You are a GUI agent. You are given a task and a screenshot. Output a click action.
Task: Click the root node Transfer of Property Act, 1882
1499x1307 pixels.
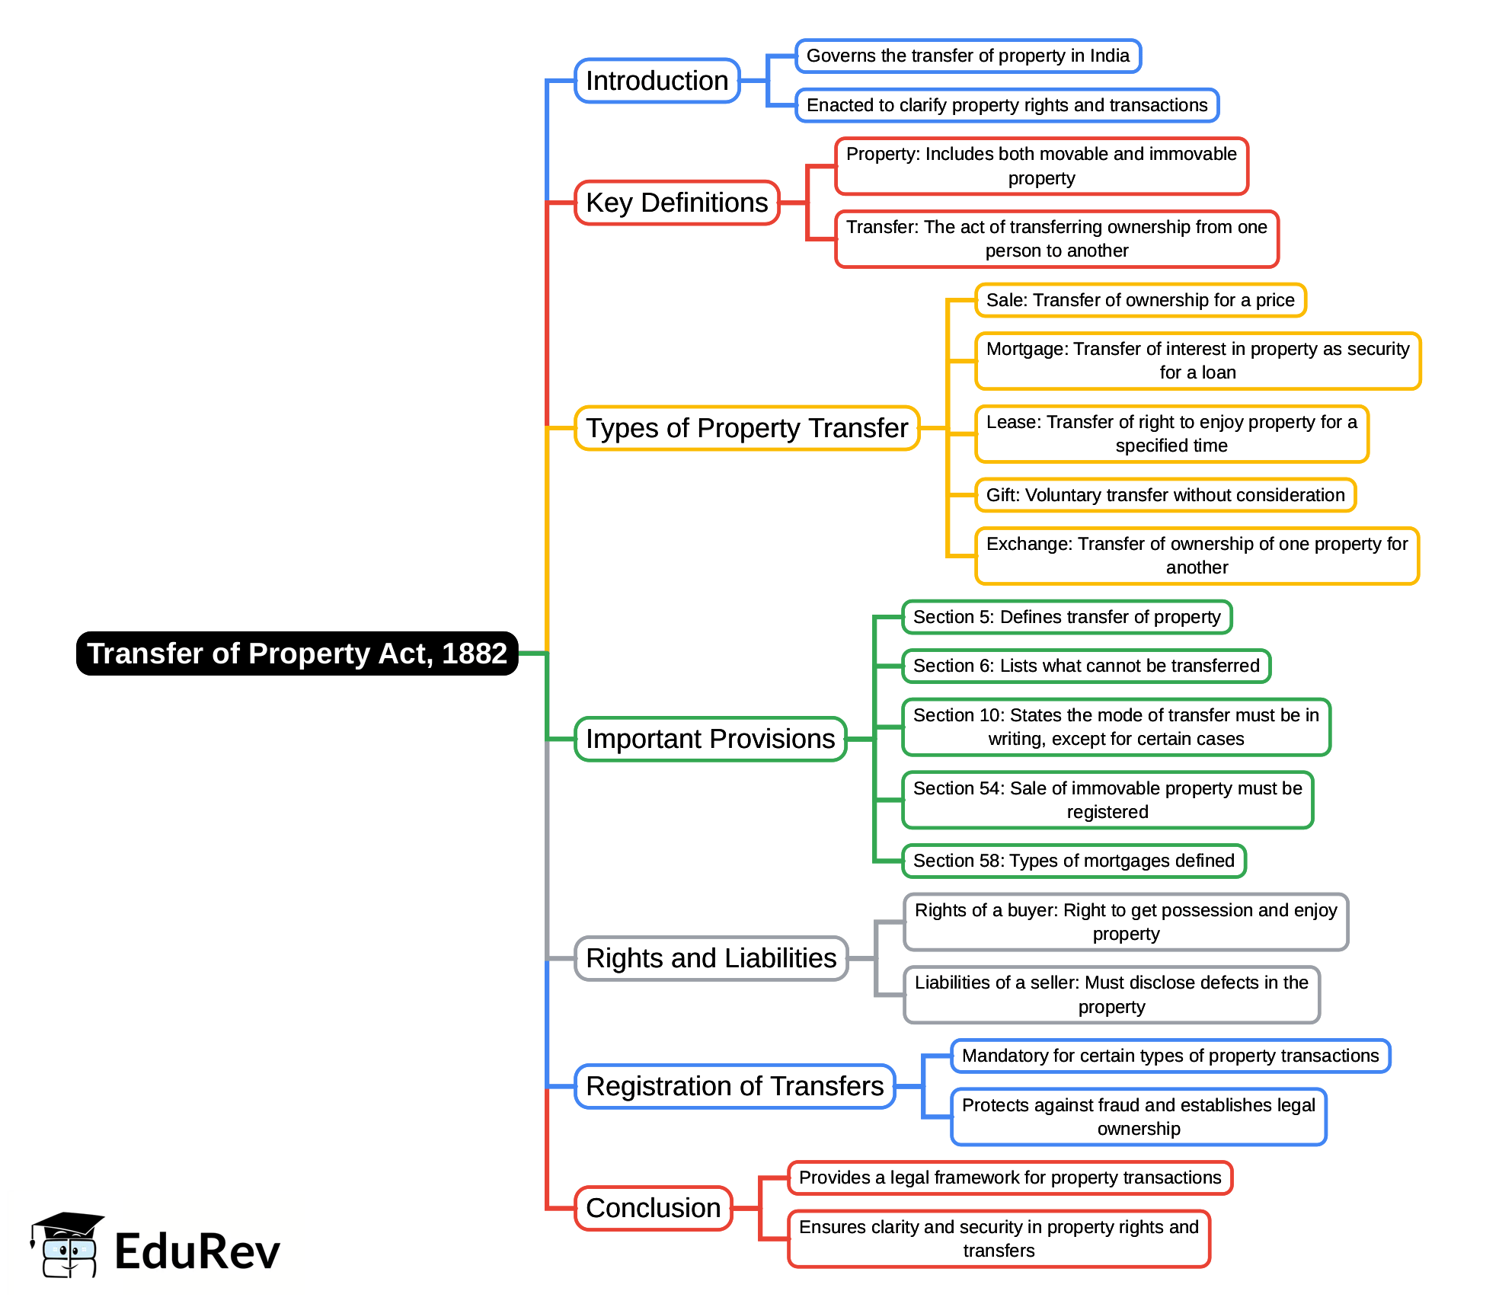pyautogui.click(x=297, y=653)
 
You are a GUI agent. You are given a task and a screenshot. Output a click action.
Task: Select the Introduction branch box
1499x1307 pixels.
pyautogui.click(x=657, y=81)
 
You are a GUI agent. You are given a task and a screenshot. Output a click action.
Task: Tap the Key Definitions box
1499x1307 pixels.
pyautogui.click(x=676, y=203)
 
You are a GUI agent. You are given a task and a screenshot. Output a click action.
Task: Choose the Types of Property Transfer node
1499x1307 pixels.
pyautogui.click(x=746, y=428)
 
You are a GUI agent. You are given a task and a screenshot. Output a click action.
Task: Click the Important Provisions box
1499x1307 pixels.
pyautogui.click(x=710, y=739)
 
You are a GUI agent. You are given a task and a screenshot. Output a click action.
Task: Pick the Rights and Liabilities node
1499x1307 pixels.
pyautogui.click(x=711, y=958)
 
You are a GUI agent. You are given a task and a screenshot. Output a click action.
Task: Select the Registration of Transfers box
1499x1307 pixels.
pyautogui.click(x=734, y=1086)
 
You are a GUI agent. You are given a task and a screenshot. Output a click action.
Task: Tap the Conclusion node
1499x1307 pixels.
pyautogui.click(x=653, y=1208)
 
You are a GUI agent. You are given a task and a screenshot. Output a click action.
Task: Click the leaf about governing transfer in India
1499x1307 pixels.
pyautogui.click(x=967, y=56)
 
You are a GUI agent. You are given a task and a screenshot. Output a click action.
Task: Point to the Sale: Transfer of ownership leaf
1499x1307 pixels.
pyautogui.click(x=1139, y=300)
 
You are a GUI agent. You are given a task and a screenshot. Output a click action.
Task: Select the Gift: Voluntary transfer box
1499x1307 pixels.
pyautogui.click(x=1165, y=495)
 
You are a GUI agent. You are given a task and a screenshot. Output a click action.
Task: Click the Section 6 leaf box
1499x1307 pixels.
pyautogui.click(x=1085, y=666)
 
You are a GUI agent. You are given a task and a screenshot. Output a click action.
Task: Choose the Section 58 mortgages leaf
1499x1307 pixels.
pyautogui.click(x=1073, y=861)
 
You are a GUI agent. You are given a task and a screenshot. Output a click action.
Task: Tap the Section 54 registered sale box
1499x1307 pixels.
pyautogui.click(x=1107, y=800)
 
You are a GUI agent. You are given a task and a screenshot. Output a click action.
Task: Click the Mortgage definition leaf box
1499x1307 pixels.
pyautogui.click(x=1197, y=361)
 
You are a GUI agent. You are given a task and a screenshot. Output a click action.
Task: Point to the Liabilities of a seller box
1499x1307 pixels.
pyautogui.click(x=1111, y=995)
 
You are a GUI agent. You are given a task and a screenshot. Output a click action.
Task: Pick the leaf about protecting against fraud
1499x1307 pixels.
pyautogui.click(x=1138, y=1117)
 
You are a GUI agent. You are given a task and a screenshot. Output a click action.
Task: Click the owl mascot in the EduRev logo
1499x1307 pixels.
pyautogui.click(x=67, y=1246)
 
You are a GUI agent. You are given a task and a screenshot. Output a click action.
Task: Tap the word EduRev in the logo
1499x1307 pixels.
pyautogui.click(x=197, y=1251)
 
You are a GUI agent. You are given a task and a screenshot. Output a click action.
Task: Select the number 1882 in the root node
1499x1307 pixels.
pyautogui.click(x=474, y=653)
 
